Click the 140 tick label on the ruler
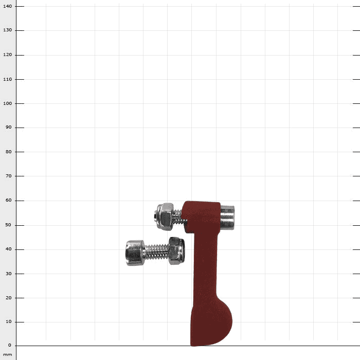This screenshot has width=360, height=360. coord(7,6)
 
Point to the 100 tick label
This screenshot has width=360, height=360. coord(7,103)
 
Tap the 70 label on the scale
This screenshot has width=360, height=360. coord(9,176)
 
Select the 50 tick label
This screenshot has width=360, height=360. coord(9,225)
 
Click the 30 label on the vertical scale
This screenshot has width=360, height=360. coord(9,274)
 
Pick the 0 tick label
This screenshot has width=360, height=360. coord(10,345)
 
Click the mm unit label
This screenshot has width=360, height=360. coord(7,355)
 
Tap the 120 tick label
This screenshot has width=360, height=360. coord(7,55)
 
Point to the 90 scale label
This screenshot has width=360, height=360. coord(9,127)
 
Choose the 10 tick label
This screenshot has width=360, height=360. coord(9,321)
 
